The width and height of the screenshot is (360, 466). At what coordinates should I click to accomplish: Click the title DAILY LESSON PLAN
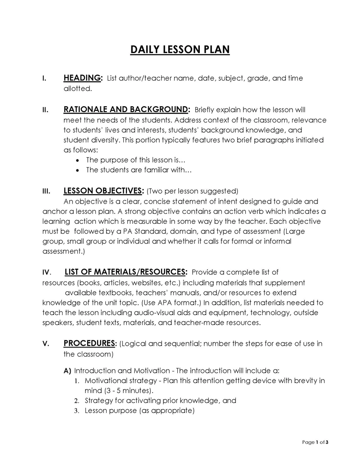[x=180, y=49]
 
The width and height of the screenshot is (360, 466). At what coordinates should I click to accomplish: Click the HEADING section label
[x=82, y=78]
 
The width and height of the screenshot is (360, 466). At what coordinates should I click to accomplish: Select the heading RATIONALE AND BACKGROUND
[x=126, y=109]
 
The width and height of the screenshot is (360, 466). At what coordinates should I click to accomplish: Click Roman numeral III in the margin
[x=45, y=190]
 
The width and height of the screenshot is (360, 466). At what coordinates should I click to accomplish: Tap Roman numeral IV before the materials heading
[x=46, y=272]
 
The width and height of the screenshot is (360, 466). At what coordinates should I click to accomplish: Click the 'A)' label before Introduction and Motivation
[x=67, y=371]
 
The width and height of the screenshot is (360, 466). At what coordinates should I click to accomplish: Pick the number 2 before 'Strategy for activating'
[x=77, y=401]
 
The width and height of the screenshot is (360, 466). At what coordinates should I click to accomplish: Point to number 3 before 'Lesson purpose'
[x=77, y=411]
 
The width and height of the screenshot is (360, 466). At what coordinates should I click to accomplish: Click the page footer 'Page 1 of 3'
[x=315, y=442]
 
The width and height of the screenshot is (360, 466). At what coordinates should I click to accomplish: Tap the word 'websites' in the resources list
[x=155, y=283]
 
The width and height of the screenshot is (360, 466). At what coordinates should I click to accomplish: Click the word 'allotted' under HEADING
[x=77, y=89]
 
